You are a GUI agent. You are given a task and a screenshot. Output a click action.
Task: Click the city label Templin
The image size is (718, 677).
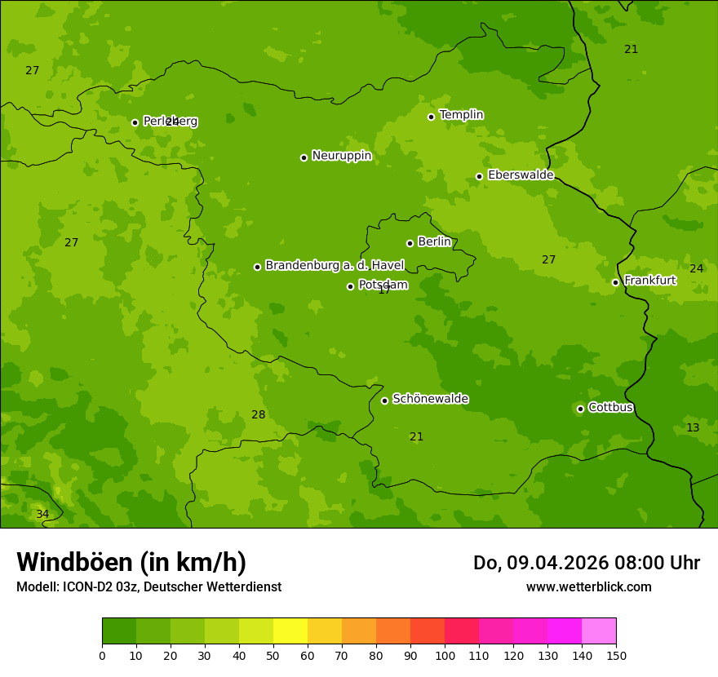[461, 115]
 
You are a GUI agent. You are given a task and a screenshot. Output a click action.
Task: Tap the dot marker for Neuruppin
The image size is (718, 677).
[304, 157]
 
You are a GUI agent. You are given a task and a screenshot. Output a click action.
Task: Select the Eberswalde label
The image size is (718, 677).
[521, 175]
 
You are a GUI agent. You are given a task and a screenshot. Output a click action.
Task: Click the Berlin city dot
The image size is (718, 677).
[410, 243]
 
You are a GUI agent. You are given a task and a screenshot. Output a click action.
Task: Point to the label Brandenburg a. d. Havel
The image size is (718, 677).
[335, 266]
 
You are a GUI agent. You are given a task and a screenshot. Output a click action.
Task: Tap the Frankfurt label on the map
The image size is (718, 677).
[649, 281]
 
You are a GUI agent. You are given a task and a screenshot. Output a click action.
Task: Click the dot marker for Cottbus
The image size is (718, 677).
[580, 409]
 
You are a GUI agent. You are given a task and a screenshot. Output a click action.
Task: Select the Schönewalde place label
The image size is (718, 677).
[430, 399]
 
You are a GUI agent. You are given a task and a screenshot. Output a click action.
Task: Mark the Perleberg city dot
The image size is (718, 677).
[135, 122]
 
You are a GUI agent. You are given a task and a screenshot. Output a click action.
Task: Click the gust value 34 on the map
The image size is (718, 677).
[42, 515]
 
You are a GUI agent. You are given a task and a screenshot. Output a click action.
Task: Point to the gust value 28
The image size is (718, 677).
[258, 415]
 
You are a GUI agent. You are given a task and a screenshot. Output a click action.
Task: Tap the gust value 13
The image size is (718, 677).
[693, 428]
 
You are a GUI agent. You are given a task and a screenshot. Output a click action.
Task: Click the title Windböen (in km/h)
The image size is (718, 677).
[131, 562]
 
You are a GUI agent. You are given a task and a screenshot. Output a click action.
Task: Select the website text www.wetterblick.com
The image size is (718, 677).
[588, 587]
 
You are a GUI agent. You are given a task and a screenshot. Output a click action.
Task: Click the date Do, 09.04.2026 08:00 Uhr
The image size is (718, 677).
[586, 563]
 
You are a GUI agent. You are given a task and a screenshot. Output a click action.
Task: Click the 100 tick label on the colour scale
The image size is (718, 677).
[445, 655]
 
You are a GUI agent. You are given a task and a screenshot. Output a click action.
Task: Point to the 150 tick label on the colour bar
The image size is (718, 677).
[615, 655]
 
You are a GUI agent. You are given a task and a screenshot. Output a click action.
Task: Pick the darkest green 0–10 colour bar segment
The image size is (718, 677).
[119, 631]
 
